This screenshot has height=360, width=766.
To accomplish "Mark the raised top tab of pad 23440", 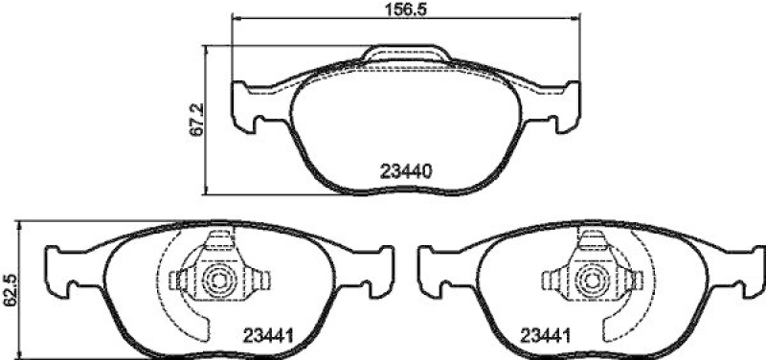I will (x=407, y=55).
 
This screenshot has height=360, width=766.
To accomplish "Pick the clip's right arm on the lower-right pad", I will (x=624, y=281).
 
